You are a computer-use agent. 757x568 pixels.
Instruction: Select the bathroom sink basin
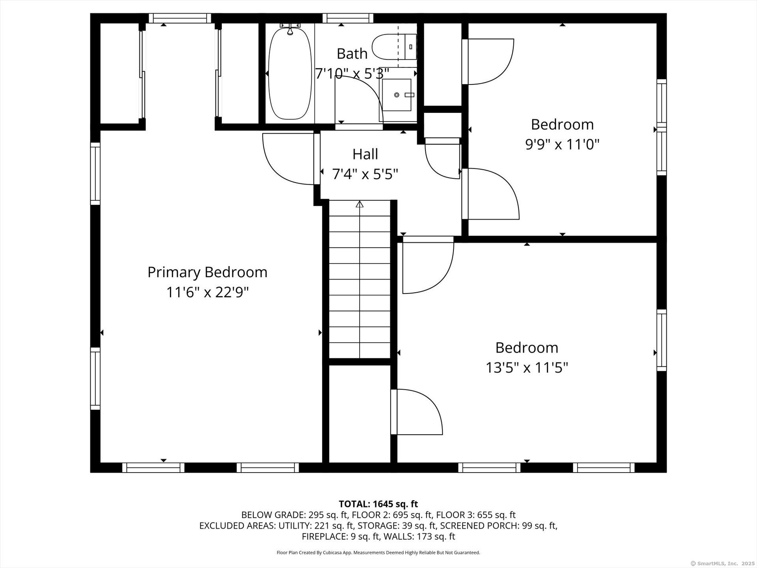pyautogui.click(x=397, y=95)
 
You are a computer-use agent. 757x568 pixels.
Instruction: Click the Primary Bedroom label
pyautogui.click(x=207, y=272)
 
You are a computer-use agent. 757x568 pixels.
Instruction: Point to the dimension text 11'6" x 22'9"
pyautogui.click(x=207, y=293)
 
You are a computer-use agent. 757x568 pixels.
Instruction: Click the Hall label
pyautogui.click(x=365, y=154)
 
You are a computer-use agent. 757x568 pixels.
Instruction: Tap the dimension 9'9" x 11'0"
pyautogui.click(x=562, y=145)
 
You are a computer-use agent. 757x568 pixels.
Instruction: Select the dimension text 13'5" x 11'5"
pyautogui.click(x=526, y=368)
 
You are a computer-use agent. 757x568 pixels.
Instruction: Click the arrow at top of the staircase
pyautogui.click(x=359, y=204)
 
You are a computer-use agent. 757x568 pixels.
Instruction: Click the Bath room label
pyautogui.click(x=352, y=54)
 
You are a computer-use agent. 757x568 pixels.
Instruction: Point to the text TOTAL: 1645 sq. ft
pyautogui.click(x=378, y=504)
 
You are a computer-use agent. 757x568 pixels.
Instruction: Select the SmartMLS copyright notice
pyautogui.click(x=722, y=563)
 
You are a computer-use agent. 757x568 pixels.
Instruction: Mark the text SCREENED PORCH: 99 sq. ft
pyautogui.click(x=498, y=526)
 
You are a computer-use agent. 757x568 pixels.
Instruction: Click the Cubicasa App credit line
pyautogui.click(x=378, y=553)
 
